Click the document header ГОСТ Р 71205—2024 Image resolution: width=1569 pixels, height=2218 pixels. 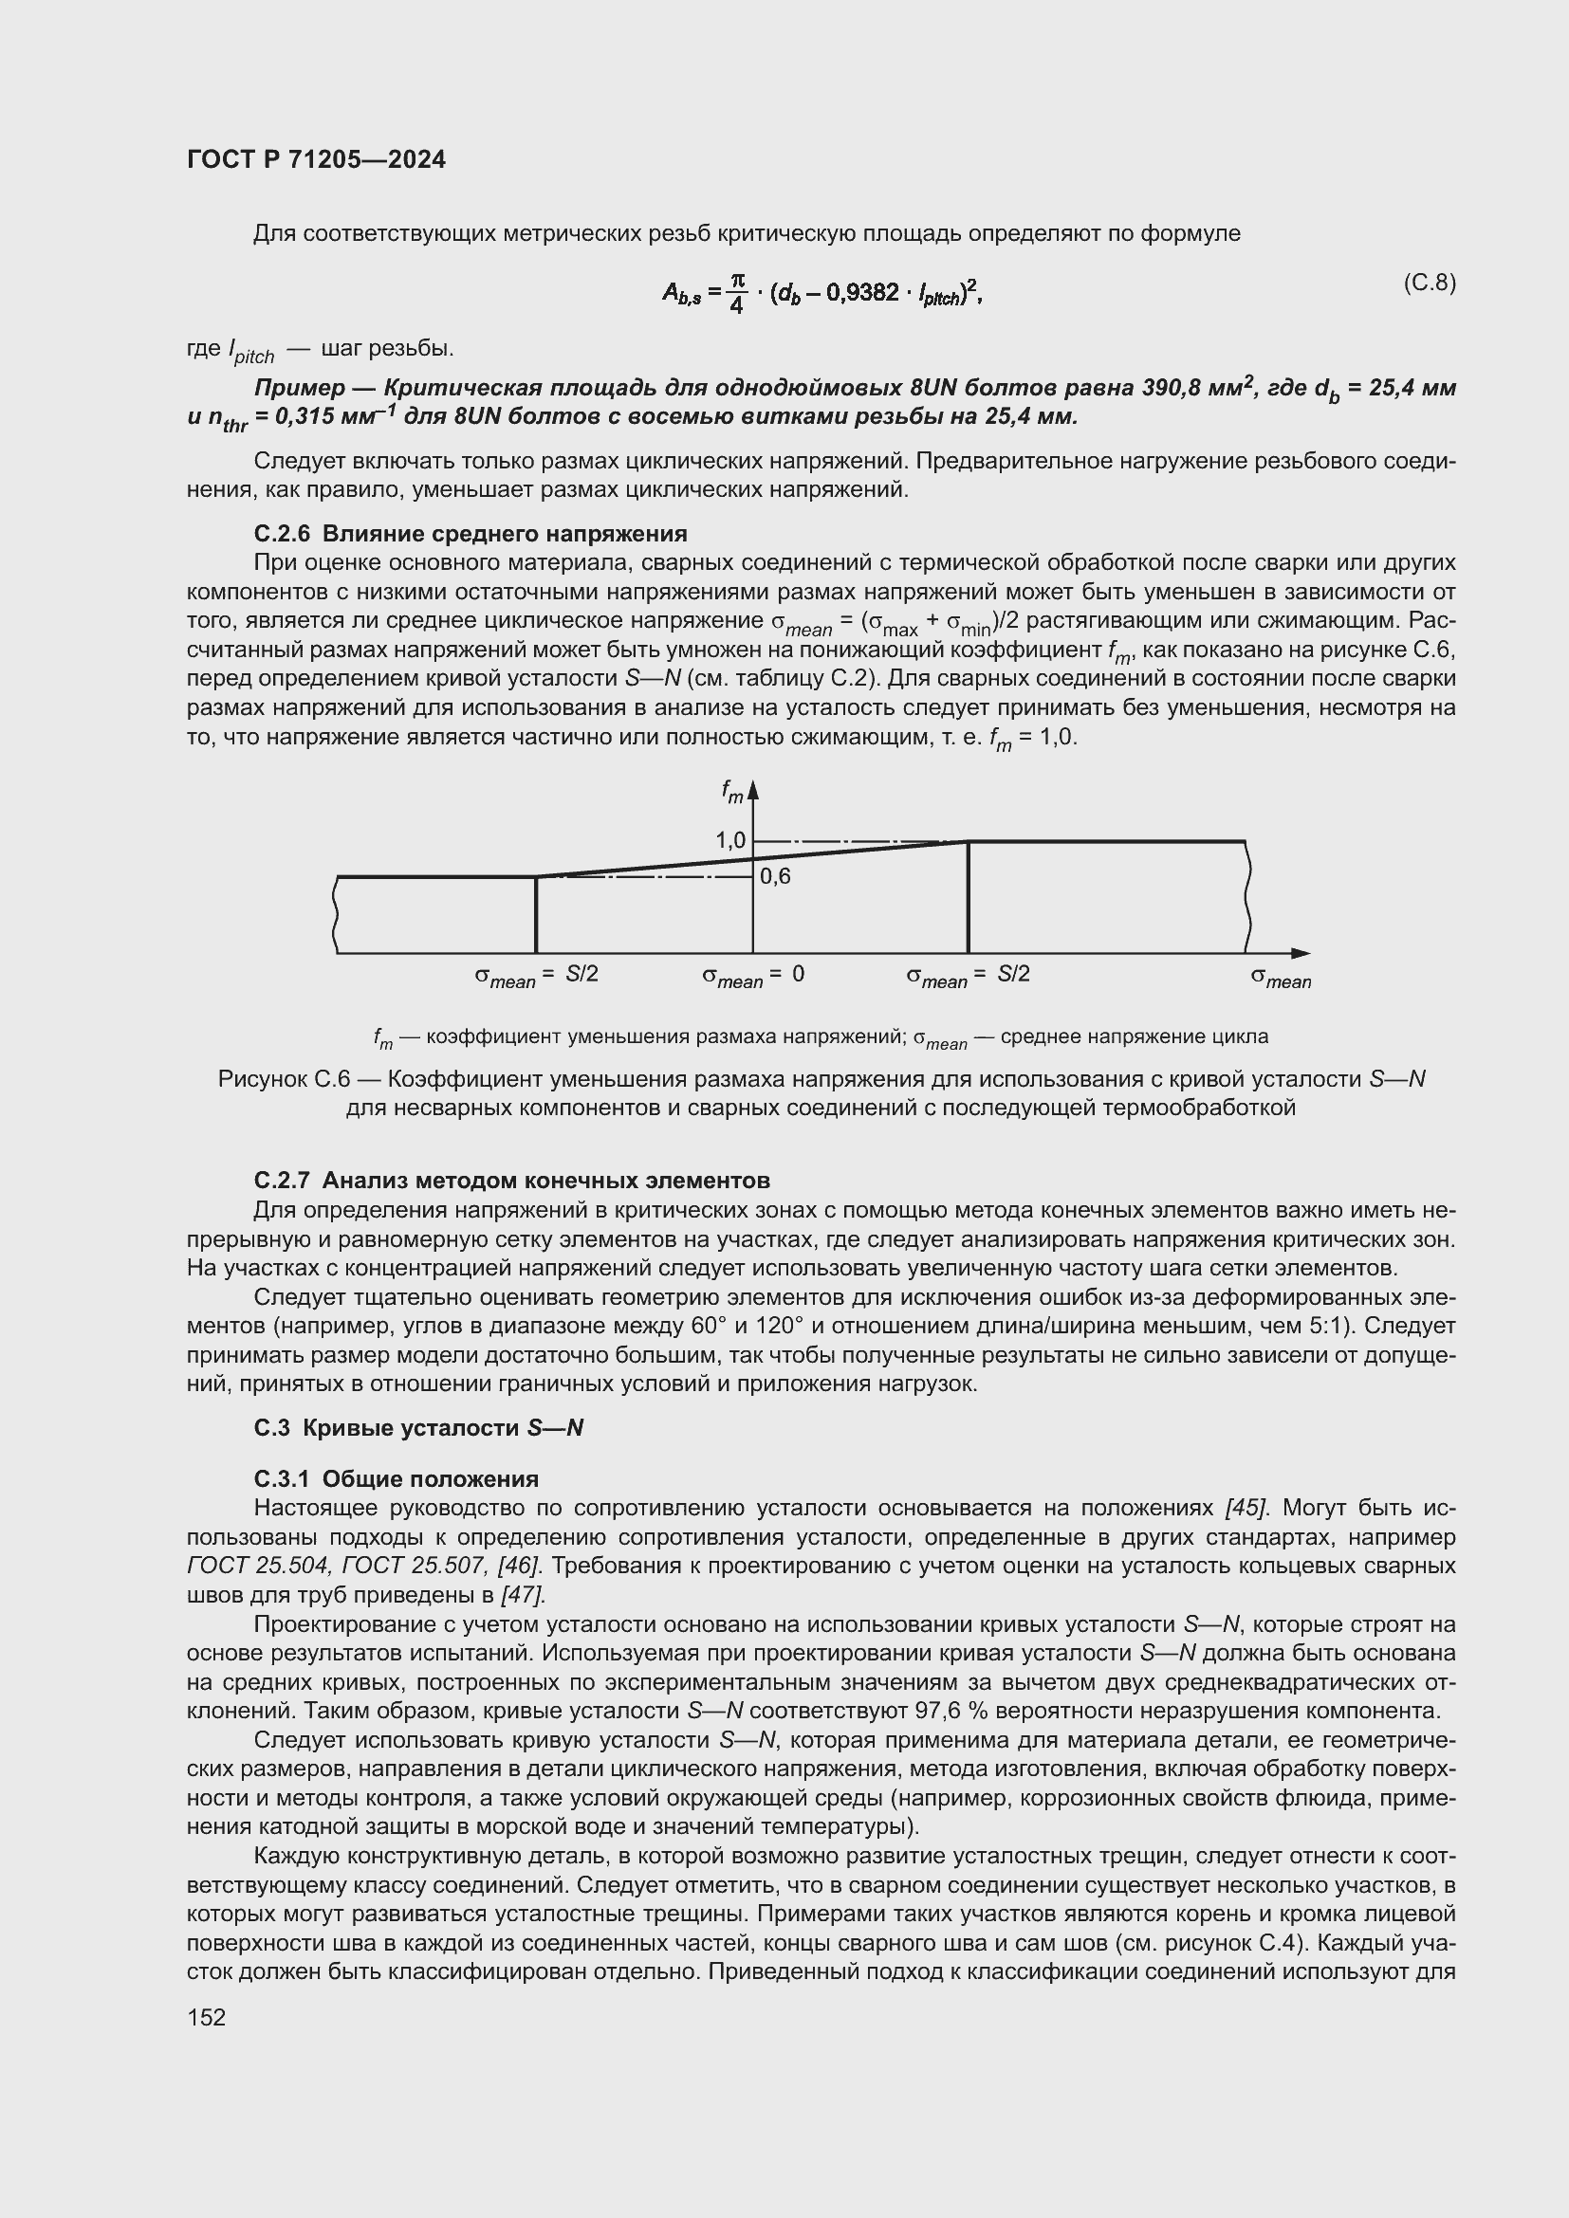click(316, 160)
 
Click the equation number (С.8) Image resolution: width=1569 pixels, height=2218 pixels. click(1428, 282)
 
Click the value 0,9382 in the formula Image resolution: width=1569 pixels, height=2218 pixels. click(861, 292)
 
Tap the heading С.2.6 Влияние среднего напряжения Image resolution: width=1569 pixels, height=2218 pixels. click(471, 533)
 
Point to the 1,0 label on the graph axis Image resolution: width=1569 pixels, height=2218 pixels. click(730, 840)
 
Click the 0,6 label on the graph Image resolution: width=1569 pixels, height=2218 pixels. click(775, 876)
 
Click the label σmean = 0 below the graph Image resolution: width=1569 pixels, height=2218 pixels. click(752, 976)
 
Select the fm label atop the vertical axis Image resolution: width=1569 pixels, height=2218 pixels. click(732, 792)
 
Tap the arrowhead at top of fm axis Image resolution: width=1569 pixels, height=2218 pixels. click(752, 790)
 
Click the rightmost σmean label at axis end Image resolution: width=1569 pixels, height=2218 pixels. click(1280, 979)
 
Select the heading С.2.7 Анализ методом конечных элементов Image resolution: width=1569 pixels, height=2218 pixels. click(512, 1180)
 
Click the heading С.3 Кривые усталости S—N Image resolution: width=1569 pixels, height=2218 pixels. click(418, 1428)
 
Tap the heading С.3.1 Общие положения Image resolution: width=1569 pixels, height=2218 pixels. click(397, 1479)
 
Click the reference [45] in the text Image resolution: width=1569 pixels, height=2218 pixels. click(1241, 1508)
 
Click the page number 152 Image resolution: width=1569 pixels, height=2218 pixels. click(206, 2017)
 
